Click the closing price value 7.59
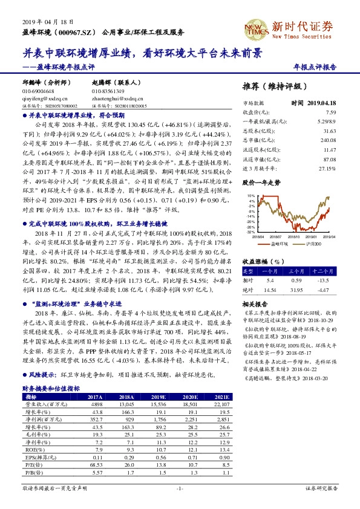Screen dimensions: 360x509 [x=330, y=112]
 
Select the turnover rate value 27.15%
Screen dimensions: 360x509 [x=327, y=167]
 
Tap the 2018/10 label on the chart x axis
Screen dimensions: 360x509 [x=293, y=238]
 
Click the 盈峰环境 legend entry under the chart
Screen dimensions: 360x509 [x=277, y=244]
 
